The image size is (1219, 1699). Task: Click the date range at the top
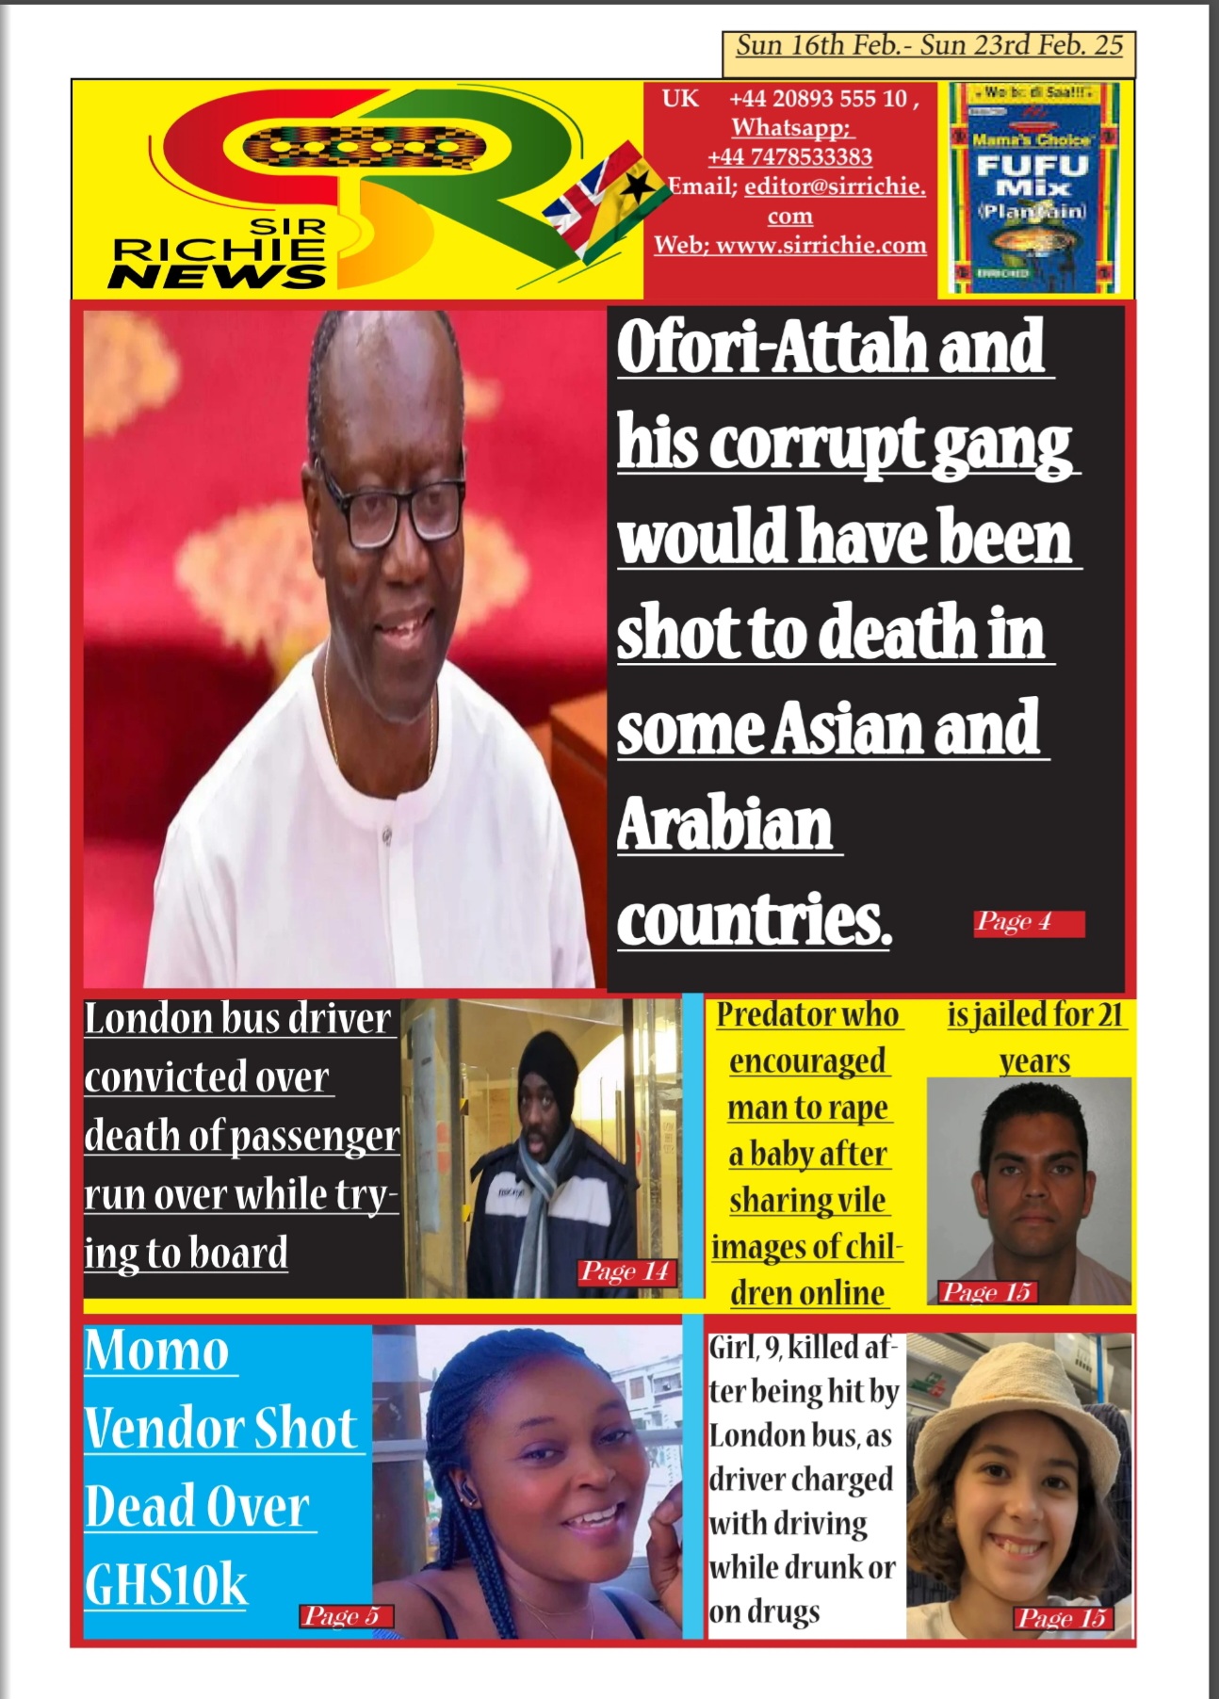pyautogui.click(x=929, y=46)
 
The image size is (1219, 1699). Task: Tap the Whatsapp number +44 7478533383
pyautogui.click(x=789, y=156)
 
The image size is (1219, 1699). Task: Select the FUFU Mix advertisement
pyautogui.click(x=1032, y=187)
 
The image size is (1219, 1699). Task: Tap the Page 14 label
pyautogui.click(x=625, y=1271)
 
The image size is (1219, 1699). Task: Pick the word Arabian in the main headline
pyautogui.click(x=724, y=824)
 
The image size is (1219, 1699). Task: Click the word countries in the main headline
pyautogui.click(x=752, y=920)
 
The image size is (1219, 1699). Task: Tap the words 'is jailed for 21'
pyautogui.click(x=1034, y=1014)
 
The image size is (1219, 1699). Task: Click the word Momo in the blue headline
pyautogui.click(x=156, y=1351)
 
